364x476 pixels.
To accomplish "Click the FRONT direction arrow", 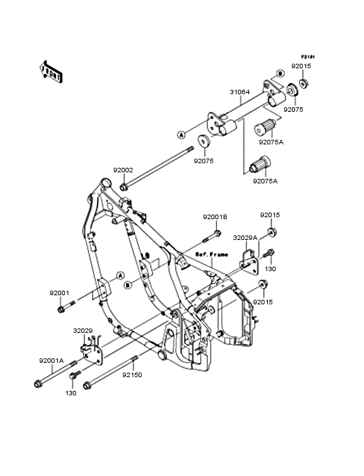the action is pos(51,72).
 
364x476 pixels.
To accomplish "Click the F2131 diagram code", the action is pos(308,57).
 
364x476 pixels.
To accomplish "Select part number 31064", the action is pos(240,92).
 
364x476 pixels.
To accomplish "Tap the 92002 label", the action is pos(123,170).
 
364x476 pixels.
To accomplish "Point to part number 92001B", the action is pos(215,217).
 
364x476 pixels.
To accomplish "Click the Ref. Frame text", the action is pos(212,254).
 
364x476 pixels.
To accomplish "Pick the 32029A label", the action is pos(245,238).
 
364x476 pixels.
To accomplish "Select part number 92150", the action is pos(132,375).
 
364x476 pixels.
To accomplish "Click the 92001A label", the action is pos(51,361).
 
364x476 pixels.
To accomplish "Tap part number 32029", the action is pos(83,330).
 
